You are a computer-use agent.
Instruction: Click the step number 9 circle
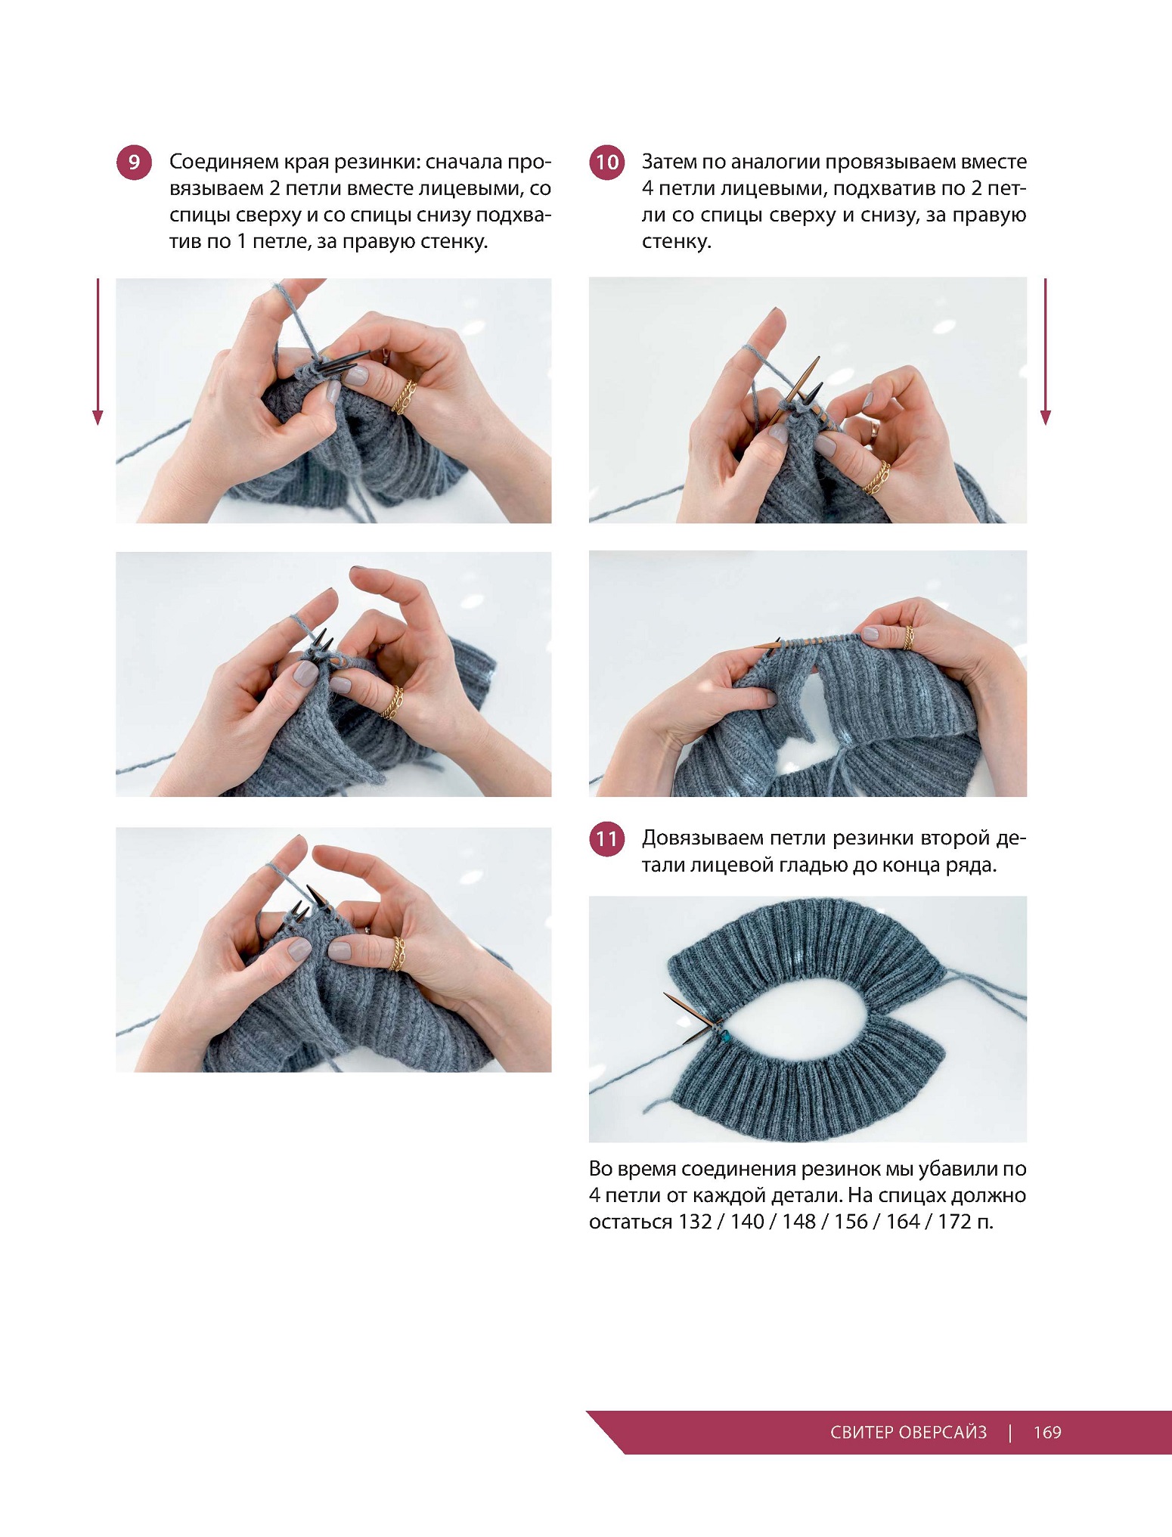coord(134,163)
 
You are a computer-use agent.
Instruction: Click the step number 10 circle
coord(606,163)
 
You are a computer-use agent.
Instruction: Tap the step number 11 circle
coord(606,839)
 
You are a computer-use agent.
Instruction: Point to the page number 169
coord(1047,1432)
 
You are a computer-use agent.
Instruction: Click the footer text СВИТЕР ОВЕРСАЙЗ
coord(908,1432)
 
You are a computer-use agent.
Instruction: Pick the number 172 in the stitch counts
coord(954,1222)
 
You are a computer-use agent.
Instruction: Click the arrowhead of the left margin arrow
coord(98,418)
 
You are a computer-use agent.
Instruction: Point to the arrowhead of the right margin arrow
coord(1046,418)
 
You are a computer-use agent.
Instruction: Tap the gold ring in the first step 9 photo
coord(405,397)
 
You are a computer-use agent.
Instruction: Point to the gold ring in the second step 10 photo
coord(907,637)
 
